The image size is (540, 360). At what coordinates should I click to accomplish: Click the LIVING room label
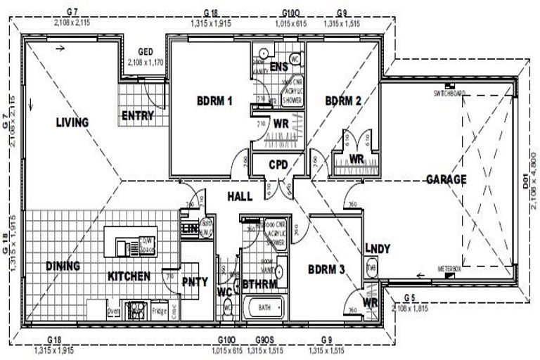(72, 122)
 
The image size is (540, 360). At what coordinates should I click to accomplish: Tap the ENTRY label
(138, 115)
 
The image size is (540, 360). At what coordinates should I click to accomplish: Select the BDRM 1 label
(214, 101)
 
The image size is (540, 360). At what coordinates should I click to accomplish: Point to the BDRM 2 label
(343, 101)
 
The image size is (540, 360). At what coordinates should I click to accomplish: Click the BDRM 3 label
(326, 268)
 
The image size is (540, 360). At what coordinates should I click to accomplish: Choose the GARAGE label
(446, 179)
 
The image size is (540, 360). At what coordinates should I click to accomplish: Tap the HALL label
(240, 198)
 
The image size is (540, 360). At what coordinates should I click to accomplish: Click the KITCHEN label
(129, 276)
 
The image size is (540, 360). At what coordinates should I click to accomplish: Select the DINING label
(63, 266)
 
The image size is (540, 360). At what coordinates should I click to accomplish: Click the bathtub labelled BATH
(264, 308)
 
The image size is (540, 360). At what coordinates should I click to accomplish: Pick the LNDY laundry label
(378, 248)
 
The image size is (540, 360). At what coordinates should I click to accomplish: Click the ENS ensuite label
(278, 67)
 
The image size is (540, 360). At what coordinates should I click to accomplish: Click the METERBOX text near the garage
(449, 269)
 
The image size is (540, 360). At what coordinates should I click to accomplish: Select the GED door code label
(146, 51)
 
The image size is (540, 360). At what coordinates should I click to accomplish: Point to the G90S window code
(264, 339)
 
